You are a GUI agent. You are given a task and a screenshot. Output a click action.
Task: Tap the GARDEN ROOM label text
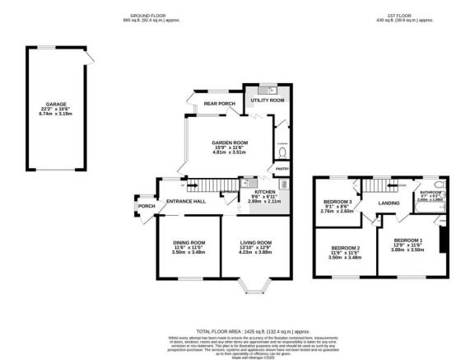coord(230,143)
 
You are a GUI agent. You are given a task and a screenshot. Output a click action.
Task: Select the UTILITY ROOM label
coord(267,100)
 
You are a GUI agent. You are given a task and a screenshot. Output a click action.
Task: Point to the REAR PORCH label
coord(220,104)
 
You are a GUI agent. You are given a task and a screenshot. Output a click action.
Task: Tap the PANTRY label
coord(282,170)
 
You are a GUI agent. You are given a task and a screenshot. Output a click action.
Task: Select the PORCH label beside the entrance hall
coord(147,206)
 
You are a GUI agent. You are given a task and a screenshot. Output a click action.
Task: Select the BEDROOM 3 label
coord(337,202)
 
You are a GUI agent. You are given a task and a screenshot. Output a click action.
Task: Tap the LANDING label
coord(389,203)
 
